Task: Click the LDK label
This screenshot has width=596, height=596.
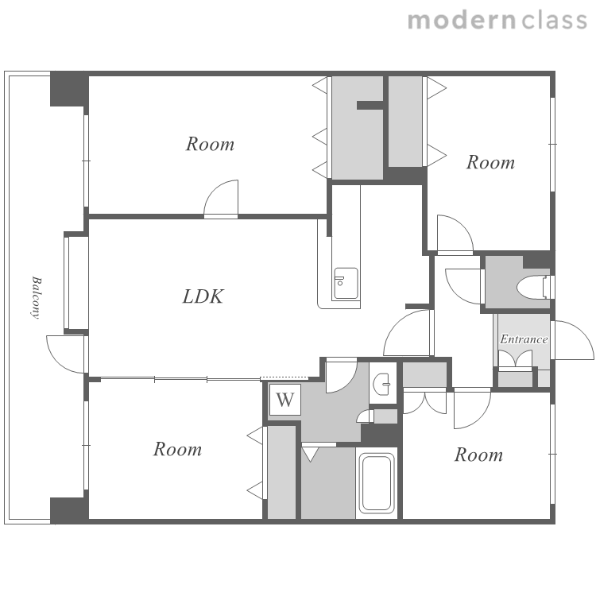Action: coord(203,296)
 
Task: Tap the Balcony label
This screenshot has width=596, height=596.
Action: coord(36,297)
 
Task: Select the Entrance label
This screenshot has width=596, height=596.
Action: coord(524,339)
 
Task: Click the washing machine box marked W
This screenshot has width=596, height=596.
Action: coord(285,400)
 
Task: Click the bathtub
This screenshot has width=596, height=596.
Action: coord(377,482)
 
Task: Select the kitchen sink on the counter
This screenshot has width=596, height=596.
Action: coord(346,283)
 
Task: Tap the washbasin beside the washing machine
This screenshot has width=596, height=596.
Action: coord(383,383)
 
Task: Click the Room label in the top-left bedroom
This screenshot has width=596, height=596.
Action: coord(211,144)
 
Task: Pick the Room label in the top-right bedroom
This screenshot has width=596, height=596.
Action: coord(491,162)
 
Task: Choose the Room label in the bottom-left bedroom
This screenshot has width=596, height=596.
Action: coord(177,449)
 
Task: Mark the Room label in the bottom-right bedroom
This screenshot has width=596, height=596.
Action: coord(478,455)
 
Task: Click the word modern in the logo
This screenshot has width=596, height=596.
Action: coord(462,20)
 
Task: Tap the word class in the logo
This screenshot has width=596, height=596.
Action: coord(555,20)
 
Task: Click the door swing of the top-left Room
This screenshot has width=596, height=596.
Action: coord(221,198)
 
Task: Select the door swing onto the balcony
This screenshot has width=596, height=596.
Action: coord(65,354)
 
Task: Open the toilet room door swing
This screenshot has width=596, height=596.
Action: coord(463,286)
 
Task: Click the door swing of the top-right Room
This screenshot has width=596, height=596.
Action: coord(455,233)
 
